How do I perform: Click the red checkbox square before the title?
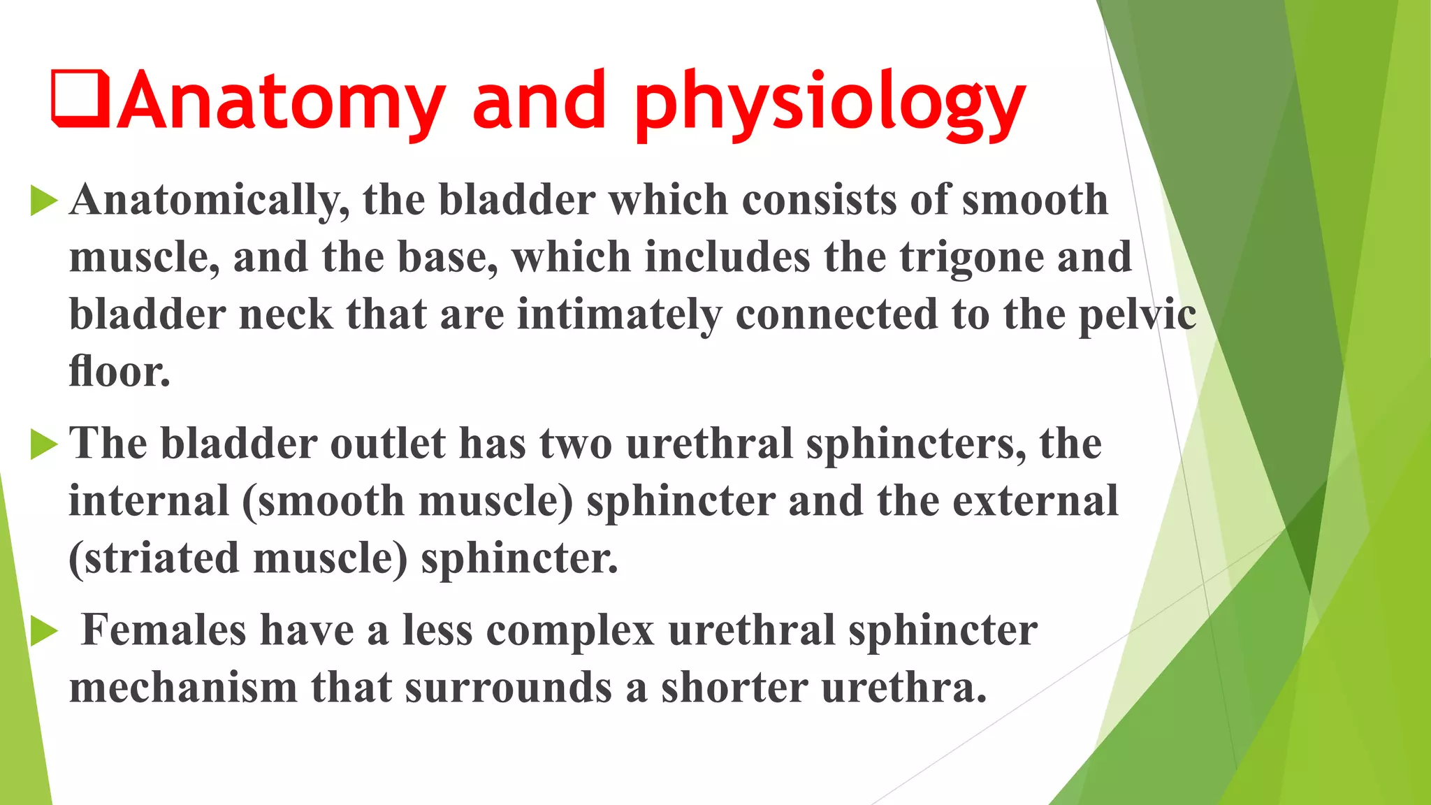[80, 99]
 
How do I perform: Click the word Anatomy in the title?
[279, 101]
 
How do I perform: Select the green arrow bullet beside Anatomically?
[43, 201]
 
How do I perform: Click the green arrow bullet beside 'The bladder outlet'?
[43, 445]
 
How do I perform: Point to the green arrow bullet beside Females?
[43, 632]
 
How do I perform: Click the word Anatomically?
[210, 201]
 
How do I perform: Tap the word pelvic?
[1137, 315]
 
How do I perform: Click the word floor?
[119, 372]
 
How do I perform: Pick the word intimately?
[619, 315]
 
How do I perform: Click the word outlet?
[387, 444]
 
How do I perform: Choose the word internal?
[149, 502]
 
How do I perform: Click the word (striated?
[154, 559]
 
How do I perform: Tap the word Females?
[164, 630]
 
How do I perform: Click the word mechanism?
[183, 688]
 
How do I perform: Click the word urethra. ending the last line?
[904, 688]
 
